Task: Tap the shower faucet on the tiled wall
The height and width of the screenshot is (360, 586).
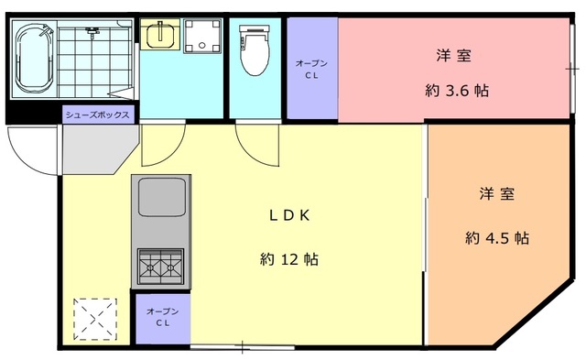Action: pos(92,30)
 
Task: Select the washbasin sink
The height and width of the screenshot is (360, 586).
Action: pos(160,35)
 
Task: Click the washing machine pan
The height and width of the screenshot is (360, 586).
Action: pos(201,36)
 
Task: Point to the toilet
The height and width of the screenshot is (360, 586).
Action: pos(255,49)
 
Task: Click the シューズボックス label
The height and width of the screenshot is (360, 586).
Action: pos(98,115)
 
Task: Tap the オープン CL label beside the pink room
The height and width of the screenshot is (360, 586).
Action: pos(311,69)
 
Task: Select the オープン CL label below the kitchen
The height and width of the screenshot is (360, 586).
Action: pos(163,317)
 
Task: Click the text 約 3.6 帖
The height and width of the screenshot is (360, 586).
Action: pos(457,91)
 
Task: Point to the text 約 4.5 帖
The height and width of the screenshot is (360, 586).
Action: pos(497,237)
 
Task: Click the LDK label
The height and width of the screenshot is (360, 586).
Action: pos(289,215)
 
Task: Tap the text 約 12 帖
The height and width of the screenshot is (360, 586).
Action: pos(289,258)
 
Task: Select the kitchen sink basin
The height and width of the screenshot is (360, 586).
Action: pos(162,197)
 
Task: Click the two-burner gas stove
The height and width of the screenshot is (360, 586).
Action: pos(161,266)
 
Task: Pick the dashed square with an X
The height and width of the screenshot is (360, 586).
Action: pos(95,319)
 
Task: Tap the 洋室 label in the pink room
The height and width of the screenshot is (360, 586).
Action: pos(453,55)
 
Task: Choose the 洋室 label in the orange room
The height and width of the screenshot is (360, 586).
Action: pos(497,193)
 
